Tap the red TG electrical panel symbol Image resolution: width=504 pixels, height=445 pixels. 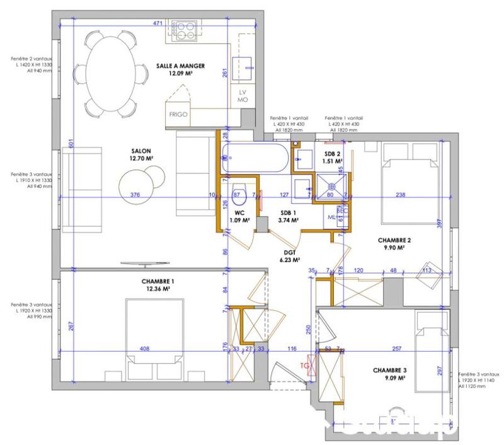[x=306, y=365]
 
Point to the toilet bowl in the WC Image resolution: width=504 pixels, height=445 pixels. [x=239, y=195]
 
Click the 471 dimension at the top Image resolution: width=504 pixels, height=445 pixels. [x=158, y=23]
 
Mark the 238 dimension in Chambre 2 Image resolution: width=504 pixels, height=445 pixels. [x=401, y=195]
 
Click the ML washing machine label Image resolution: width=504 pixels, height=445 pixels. [x=332, y=217]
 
